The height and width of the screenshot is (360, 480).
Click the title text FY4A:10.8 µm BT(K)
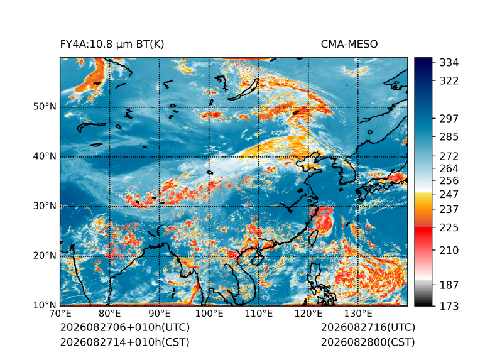click(112, 45)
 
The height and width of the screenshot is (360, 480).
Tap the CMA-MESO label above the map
click(349, 45)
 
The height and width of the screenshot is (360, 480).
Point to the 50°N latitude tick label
click(45, 107)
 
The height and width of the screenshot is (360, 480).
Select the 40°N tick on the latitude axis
click(45, 156)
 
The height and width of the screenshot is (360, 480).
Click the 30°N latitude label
click(45, 206)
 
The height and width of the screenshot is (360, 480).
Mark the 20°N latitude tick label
click(45, 256)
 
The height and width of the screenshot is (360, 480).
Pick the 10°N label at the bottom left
click(45, 305)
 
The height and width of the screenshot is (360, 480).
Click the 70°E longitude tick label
click(60, 314)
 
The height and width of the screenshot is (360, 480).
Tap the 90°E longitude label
click(159, 314)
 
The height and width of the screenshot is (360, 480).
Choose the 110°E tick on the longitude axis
click(259, 314)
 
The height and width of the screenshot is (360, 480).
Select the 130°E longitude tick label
click(358, 314)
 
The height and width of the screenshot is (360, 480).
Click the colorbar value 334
click(449, 63)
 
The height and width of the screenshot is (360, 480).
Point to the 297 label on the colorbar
click(449, 119)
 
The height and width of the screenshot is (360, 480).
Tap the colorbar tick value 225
click(449, 228)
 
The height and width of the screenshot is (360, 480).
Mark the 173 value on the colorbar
click(449, 306)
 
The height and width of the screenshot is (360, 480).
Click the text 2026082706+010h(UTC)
click(125, 327)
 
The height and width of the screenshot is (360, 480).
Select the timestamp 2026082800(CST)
click(368, 342)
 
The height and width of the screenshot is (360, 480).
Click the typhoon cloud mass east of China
click(324, 223)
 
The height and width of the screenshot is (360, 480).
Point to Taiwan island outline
click(312, 238)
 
